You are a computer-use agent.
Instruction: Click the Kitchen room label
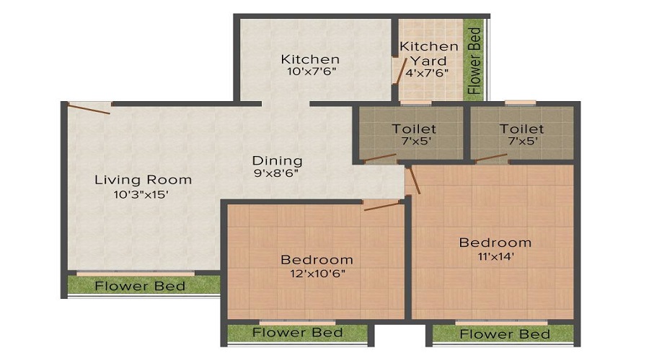click(x=310, y=59)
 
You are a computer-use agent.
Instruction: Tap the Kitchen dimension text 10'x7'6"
click(x=310, y=72)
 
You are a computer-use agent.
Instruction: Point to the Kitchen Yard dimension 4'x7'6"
click(x=428, y=73)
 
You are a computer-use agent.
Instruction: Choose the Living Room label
click(x=144, y=180)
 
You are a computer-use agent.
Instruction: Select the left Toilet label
click(x=414, y=129)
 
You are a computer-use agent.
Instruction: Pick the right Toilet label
click(x=521, y=129)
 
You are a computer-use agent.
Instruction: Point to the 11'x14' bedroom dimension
click(x=495, y=256)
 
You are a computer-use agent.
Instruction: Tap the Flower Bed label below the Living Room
click(x=140, y=286)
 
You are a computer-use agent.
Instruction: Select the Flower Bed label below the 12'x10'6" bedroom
click(x=297, y=333)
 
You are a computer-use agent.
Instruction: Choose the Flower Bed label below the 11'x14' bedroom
click(x=505, y=334)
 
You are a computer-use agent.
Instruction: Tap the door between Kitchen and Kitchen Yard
click(x=399, y=73)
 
